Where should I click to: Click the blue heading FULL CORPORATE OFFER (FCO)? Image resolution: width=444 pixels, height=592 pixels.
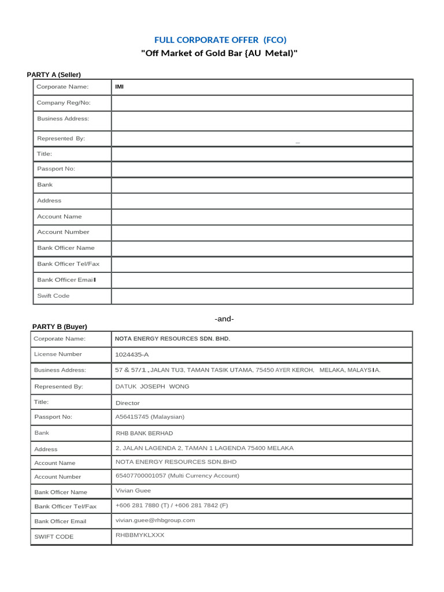(220, 39)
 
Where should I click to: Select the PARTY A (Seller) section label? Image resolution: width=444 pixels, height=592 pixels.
(54, 75)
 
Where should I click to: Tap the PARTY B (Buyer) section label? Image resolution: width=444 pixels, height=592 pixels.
(60, 327)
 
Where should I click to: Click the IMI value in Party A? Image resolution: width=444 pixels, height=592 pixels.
(120, 87)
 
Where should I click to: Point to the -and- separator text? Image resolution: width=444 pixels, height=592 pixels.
(224, 319)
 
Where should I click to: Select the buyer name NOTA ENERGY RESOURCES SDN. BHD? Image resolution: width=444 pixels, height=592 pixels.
(172, 339)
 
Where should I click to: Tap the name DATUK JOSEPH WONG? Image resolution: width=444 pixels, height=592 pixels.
(152, 386)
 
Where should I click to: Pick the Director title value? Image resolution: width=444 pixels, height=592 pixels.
(128, 403)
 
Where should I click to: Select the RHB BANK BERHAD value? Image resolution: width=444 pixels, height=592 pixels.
(144, 433)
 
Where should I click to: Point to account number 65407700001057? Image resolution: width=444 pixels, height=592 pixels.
(150, 476)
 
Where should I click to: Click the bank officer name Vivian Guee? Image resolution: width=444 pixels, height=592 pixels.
(134, 490)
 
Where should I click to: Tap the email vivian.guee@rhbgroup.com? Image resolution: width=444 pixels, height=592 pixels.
(155, 520)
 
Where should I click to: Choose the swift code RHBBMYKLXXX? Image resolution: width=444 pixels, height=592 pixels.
(140, 535)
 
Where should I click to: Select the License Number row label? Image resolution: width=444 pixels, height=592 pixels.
(58, 354)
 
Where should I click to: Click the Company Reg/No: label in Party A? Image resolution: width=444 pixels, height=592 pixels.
(64, 103)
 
